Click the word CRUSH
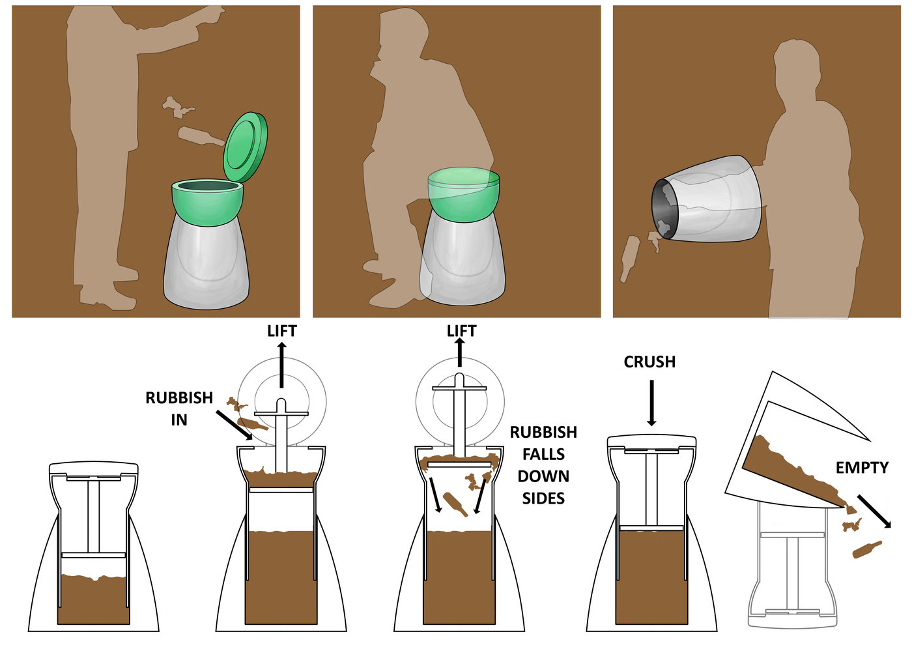click(649, 362)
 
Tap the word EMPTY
click(862, 468)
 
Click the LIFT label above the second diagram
click(281, 331)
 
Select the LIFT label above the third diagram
click(461, 331)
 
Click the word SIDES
click(543, 498)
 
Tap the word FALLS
click(543, 454)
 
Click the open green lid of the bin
click(246, 147)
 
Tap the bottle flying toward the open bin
click(201, 137)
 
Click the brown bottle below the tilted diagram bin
click(867, 549)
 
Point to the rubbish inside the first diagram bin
click(94, 599)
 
